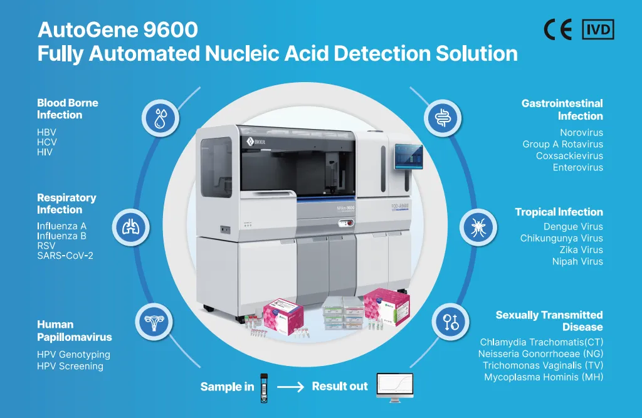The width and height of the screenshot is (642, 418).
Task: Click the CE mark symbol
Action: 557,29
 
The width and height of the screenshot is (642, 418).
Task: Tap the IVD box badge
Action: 598,29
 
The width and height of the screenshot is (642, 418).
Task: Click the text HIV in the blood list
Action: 45,152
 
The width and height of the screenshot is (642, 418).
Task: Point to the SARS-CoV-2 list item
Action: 65,256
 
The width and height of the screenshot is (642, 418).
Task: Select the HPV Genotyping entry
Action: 73,354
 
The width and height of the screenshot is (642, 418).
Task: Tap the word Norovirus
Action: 581,132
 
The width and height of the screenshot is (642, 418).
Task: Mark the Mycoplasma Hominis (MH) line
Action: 544,377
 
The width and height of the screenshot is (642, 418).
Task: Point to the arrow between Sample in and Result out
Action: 290,387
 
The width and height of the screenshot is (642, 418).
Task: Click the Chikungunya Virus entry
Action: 561,238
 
